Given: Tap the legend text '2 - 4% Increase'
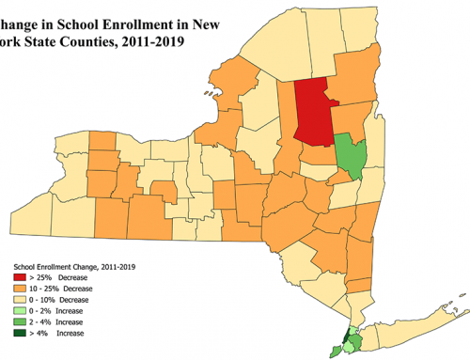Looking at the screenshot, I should click(65, 321).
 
